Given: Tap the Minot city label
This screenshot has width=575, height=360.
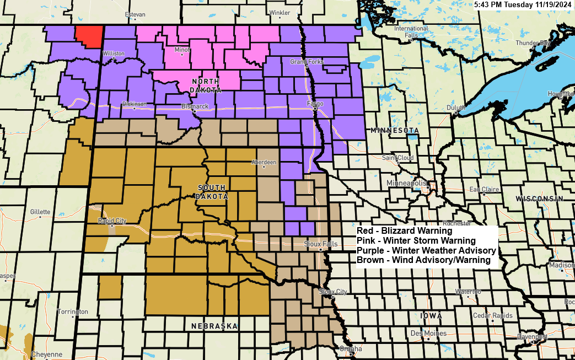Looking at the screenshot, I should (182, 50).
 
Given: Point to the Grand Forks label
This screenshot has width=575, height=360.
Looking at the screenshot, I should (307, 62).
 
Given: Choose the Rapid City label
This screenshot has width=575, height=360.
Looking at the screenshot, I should (112, 221).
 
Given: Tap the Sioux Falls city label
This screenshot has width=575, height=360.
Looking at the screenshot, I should (319, 243).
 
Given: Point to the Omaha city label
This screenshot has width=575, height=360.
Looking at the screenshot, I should (351, 348).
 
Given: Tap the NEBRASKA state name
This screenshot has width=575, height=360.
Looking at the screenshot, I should (214, 326).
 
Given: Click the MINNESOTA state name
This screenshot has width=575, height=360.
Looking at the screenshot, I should (396, 131).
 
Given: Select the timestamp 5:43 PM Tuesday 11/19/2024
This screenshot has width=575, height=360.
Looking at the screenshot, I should (523, 5).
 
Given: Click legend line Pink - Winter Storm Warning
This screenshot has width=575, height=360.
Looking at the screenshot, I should (416, 241).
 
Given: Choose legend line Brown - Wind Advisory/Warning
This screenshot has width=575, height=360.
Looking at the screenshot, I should (423, 260).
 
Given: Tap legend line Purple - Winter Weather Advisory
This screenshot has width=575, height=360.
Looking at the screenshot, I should (426, 250).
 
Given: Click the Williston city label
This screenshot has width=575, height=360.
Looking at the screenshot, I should (114, 53).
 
